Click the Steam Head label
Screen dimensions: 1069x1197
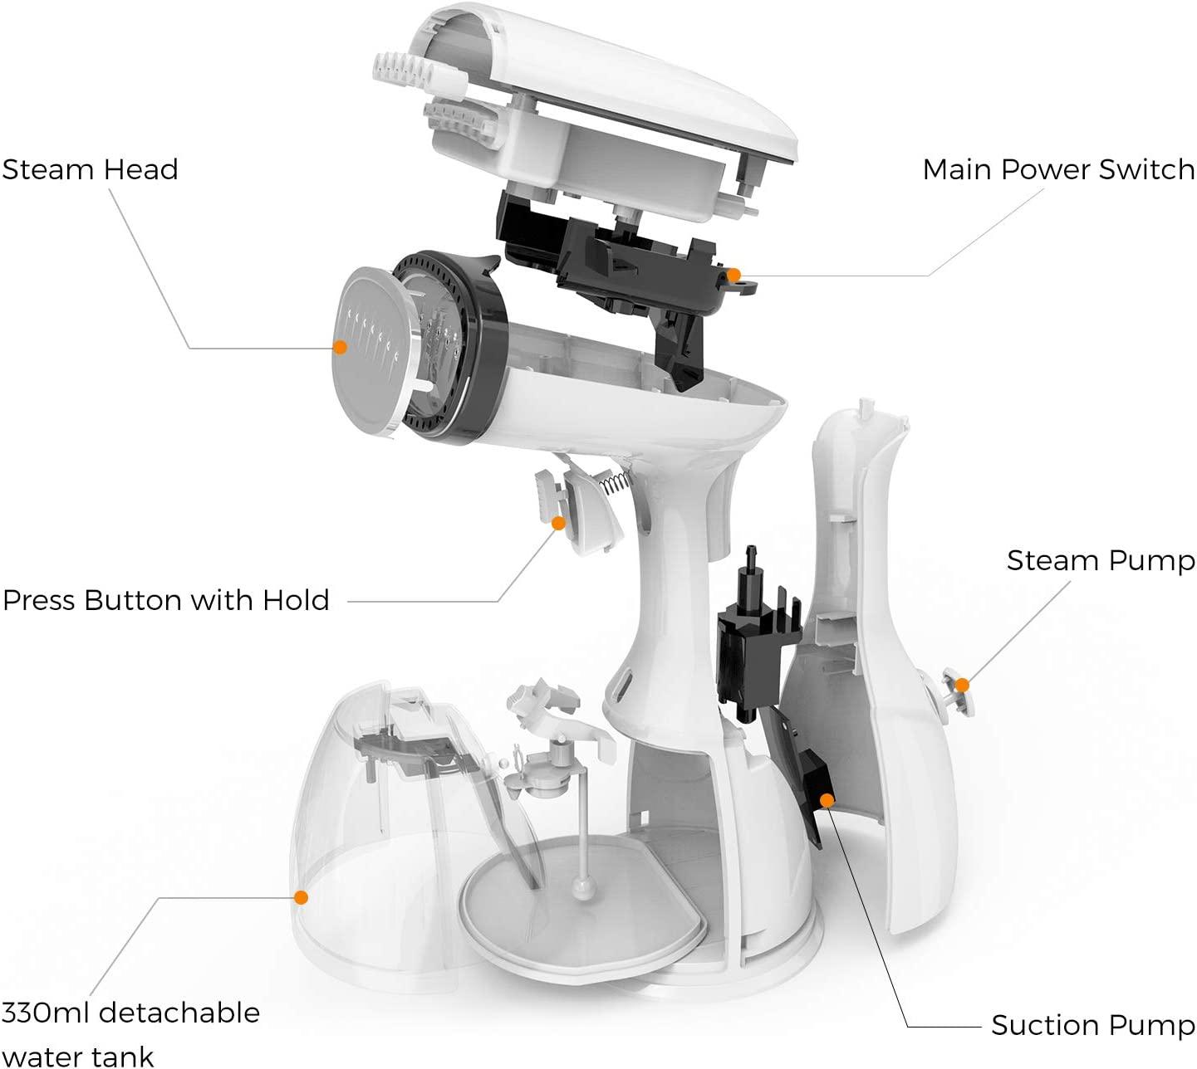pyautogui.click(x=90, y=169)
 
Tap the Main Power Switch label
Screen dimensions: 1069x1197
pyautogui.click(x=1058, y=169)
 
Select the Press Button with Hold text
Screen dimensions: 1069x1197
pyautogui.click(x=166, y=600)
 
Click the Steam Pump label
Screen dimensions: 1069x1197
pyautogui.click(x=1101, y=560)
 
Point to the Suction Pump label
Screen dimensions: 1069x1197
pyautogui.click(x=1092, y=1025)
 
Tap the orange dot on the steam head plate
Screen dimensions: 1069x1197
pyautogui.click(x=339, y=347)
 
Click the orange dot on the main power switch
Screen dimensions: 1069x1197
pyautogui.click(x=733, y=274)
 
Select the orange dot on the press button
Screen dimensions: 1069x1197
pyautogui.click(x=559, y=523)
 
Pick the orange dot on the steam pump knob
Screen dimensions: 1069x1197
pyautogui.click(x=961, y=685)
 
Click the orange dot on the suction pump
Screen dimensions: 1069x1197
pyautogui.click(x=827, y=800)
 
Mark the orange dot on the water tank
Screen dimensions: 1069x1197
pyautogui.click(x=302, y=897)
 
